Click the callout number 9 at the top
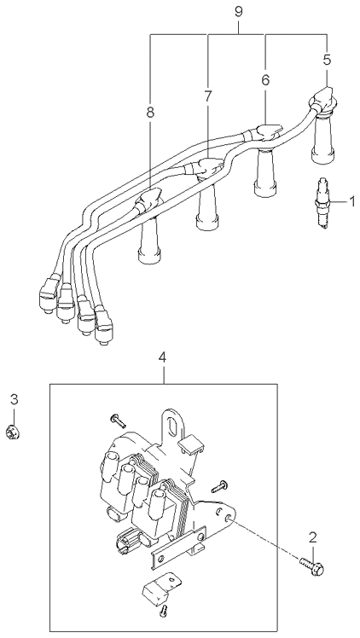click(x=238, y=11)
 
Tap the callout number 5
click(x=328, y=60)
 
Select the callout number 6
click(x=265, y=80)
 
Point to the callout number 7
click(x=208, y=96)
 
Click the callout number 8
click(x=150, y=113)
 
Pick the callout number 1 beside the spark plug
click(x=352, y=201)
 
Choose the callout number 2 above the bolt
click(x=312, y=538)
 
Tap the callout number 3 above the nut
click(x=15, y=399)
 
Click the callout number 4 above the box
click(x=162, y=357)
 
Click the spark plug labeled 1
click(x=322, y=204)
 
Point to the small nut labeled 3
click(x=14, y=432)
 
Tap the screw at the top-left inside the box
click(x=118, y=421)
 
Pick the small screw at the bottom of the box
click(x=164, y=610)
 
